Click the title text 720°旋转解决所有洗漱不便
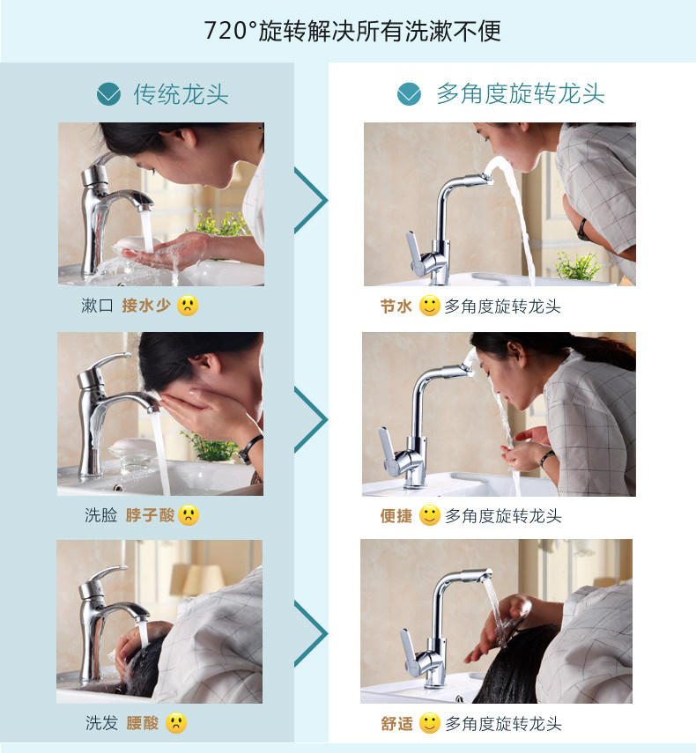[352, 31]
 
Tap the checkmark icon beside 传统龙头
[108, 94]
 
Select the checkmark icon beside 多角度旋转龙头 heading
[410, 94]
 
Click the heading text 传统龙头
[181, 94]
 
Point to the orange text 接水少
[146, 306]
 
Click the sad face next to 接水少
[188, 306]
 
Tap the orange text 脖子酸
[150, 515]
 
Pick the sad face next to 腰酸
[176, 723]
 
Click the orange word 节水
[396, 306]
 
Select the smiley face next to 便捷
[430, 515]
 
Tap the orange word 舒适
[396, 723]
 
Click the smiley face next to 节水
[430, 306]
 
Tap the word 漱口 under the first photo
[97, 306]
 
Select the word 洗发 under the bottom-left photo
[101, 723]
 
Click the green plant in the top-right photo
[578, 266]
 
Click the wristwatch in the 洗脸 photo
[250, 449]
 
